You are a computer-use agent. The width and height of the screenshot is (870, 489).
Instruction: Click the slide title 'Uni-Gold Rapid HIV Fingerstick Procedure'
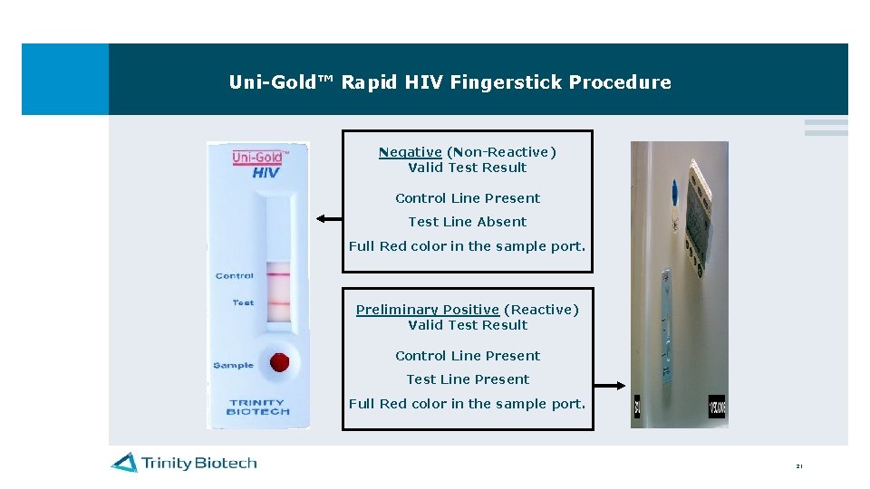coord(449,82)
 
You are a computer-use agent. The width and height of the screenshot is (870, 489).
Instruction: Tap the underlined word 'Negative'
coord(410,152)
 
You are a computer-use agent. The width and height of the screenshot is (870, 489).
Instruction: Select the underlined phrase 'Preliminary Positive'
coord(427,310)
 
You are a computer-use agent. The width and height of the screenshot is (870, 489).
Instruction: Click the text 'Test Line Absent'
coord(467,222)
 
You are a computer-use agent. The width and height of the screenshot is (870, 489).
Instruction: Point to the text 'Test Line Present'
coord(467,379)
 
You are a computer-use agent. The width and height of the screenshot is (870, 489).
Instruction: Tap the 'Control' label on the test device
coord(235,275)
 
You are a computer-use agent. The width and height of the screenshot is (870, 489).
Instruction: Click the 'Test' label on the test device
coord(243,302)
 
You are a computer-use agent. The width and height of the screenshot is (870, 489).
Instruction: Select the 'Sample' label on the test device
coord(233,365)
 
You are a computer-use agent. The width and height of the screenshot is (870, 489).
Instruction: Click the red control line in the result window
coord(279,274)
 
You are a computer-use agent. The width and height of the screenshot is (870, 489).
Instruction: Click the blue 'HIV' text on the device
coord(266,173)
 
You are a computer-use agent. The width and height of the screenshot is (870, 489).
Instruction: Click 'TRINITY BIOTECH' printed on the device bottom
coord(258,407)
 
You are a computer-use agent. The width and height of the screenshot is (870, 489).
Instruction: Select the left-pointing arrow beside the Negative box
coord(329,218)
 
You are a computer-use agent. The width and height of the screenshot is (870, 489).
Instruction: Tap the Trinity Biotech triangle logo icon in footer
coord(124,463)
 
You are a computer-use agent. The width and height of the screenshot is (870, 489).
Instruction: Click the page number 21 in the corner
coord(798,466)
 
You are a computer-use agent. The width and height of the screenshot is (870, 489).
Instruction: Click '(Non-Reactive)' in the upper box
coord(501,152)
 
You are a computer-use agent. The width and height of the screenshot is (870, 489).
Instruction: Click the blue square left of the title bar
coord(65,79)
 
